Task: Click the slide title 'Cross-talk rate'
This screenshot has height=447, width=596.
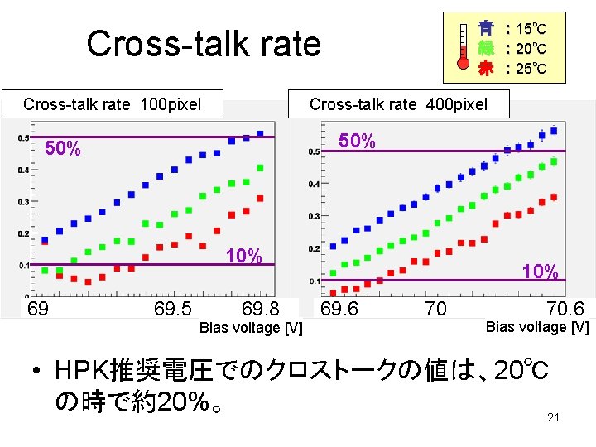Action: coord(203,44)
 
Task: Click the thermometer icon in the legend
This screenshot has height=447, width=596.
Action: coord(464,47)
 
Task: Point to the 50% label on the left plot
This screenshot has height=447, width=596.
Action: coord(62,150)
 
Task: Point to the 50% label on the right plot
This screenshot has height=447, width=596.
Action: coord(357,142)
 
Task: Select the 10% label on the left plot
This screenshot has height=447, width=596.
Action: coord(243,256)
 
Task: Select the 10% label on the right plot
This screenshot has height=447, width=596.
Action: coord(540,272)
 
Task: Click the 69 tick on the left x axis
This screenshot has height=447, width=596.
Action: coord(38,310)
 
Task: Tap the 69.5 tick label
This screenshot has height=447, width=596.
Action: coord(173,310)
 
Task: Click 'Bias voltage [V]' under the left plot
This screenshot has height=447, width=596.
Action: coord(251,329)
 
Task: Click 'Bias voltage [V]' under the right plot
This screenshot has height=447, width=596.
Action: coord(536,327)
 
